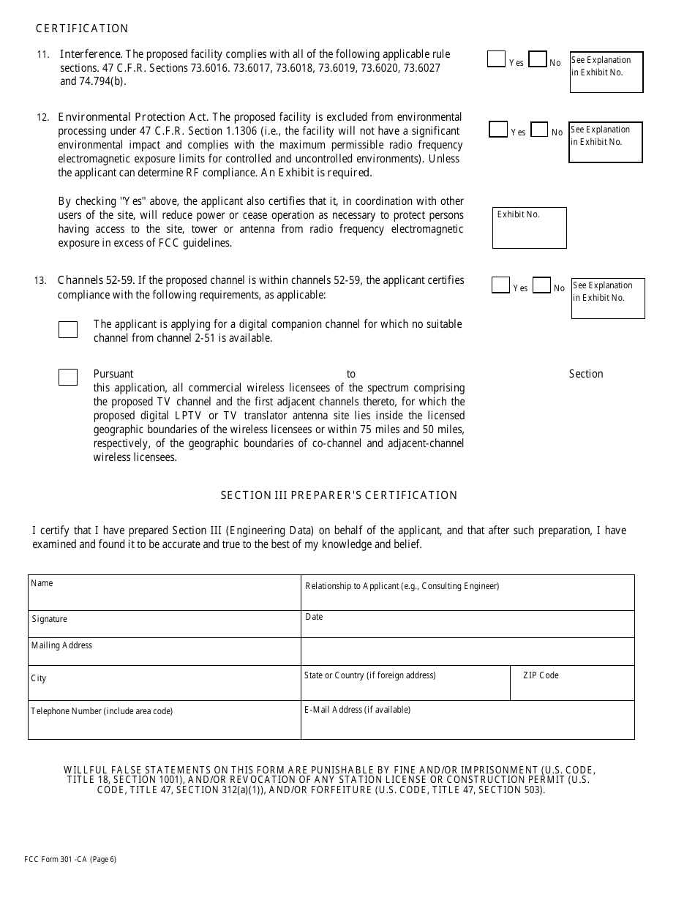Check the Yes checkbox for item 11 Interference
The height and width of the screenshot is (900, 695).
coord(496,59)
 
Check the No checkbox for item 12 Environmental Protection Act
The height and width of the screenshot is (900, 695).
coord(539,130)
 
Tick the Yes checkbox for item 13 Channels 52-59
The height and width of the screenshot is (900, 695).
coord(500,285)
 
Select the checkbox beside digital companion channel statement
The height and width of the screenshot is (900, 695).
coord(68,329)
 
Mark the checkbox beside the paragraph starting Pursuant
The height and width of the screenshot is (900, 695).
coord(68,377)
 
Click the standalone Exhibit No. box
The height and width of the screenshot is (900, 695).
coord(529,228)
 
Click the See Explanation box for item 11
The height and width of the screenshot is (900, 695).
coord(606,72)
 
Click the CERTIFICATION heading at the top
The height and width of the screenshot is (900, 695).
coord(82,29)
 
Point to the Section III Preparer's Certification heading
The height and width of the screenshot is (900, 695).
coord(339,495)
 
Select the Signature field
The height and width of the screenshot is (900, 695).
coord(164,624)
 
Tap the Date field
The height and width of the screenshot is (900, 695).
coord(467,624)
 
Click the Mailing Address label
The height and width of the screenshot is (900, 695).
coord(61,645)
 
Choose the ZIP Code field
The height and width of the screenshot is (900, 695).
coord(571,683)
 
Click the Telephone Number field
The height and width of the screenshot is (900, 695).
coord(164,720)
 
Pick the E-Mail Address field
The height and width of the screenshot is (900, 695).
coord(467,720)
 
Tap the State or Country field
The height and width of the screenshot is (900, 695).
coord(405,683)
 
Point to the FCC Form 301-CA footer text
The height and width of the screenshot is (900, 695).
coord(74,860)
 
